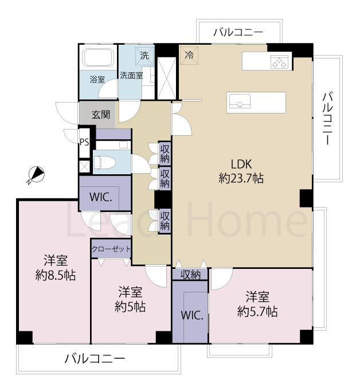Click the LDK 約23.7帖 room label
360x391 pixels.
241,170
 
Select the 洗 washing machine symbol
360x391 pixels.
144,56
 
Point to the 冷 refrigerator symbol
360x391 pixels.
189,56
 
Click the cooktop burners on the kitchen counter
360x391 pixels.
280,62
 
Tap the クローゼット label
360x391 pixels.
111,249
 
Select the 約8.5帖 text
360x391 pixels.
55,275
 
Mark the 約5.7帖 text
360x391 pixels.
258,312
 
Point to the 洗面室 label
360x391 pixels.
131,75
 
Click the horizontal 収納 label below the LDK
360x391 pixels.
190,275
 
